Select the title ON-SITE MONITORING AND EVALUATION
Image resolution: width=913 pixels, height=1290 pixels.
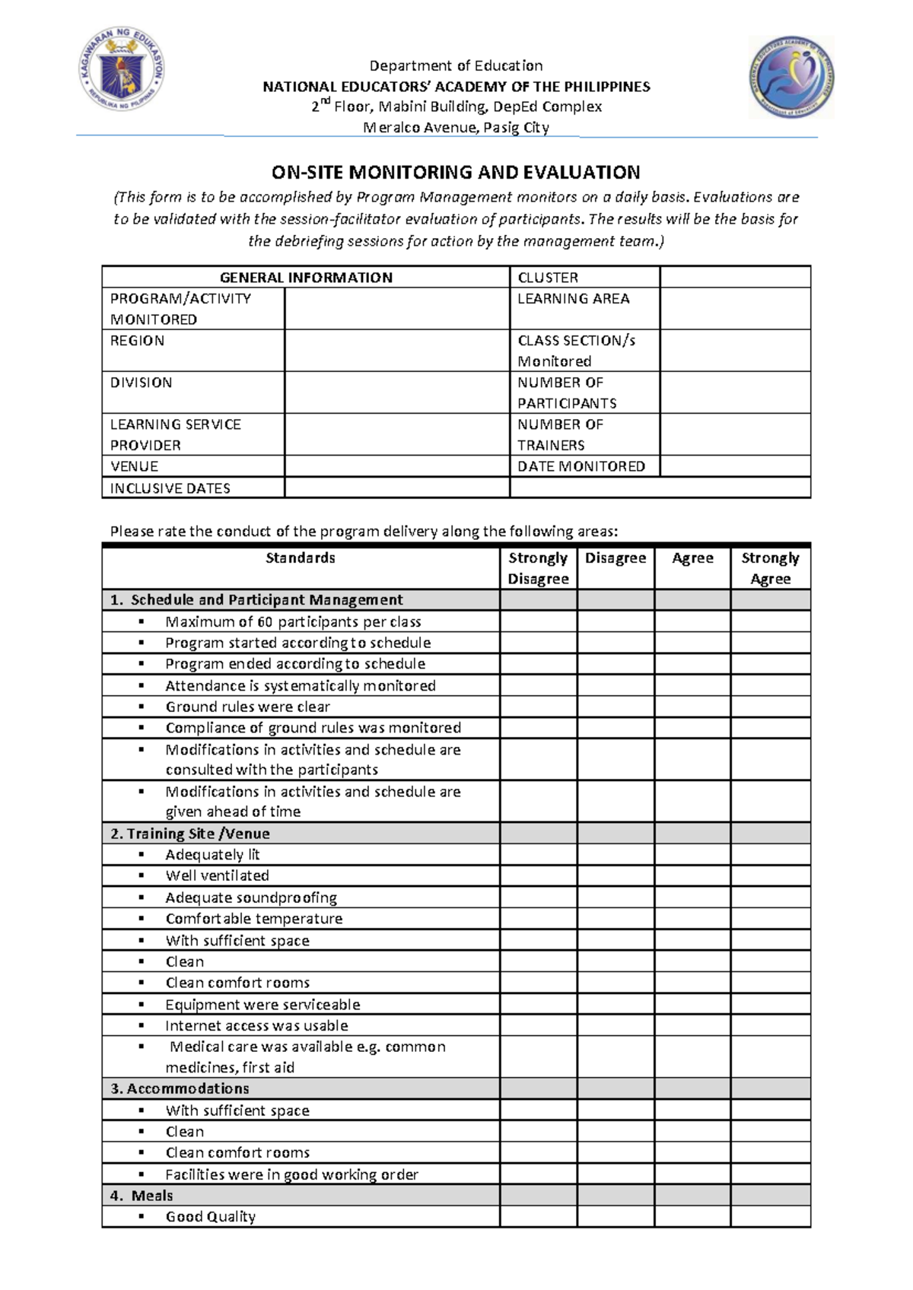click(x=456, y=173)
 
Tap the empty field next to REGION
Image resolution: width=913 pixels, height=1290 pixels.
click(x=396, y=351)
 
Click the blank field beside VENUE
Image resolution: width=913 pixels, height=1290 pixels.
click(x=396, y=466)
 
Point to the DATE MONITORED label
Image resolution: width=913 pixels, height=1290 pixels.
click(x=581, y=466)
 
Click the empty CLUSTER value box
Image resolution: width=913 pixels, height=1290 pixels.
click(x=735, y=277)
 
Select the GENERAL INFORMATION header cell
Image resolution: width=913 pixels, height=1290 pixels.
click(x=306, y=278)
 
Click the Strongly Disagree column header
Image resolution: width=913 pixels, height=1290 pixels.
click(x=538, y=568)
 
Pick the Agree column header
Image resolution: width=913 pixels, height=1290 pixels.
click(x=692, y=558)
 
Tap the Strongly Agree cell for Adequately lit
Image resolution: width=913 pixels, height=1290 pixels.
click(x=770, y=855)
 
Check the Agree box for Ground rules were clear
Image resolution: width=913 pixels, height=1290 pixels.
click(x=692, y=707)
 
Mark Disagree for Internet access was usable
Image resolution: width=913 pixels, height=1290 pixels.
click(x=615, y=1025)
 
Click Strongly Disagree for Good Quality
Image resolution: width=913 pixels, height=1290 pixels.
click(x=538, y=1216)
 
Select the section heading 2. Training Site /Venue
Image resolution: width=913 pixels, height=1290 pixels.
click(x=190, y=834)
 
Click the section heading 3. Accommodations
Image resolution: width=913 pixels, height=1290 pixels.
click(x=180, y=1088)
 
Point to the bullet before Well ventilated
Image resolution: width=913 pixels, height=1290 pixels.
click(x=142, y=875)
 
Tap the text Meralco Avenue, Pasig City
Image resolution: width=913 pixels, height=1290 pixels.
click(x=456, y=128)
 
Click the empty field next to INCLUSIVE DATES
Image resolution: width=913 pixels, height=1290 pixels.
click(x=396, y=488)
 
